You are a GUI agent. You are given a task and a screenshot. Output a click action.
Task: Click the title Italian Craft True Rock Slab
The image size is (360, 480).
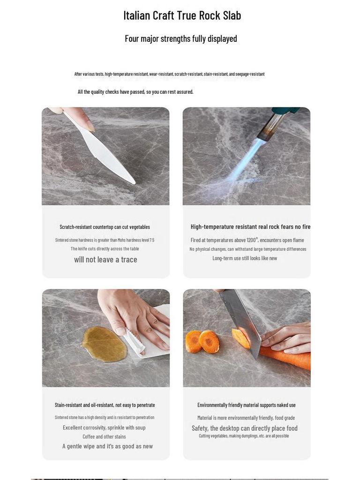[182, 15]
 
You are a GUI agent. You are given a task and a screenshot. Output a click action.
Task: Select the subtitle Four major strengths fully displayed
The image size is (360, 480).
[180, 38]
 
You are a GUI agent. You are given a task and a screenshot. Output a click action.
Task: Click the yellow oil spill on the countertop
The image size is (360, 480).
[104, 344]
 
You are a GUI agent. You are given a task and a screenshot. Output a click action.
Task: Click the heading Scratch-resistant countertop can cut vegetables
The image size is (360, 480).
[105, 227]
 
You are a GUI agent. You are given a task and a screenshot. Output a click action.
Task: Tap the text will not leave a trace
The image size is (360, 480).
[105, 260]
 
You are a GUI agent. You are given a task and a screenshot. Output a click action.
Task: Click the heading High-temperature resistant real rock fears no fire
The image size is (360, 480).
[250, 226]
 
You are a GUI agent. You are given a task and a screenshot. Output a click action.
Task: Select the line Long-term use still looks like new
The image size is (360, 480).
[245, 258]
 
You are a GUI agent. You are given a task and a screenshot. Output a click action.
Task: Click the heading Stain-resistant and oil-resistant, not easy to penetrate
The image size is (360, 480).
[105, 405]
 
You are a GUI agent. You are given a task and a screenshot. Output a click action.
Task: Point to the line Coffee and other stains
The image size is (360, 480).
[104, 436]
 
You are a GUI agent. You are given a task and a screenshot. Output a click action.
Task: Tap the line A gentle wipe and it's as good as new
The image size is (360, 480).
[107, 446]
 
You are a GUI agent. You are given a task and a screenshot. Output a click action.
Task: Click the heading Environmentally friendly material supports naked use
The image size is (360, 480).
[247, 405]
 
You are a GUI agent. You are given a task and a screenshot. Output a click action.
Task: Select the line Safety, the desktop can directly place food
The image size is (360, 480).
[245, 428]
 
